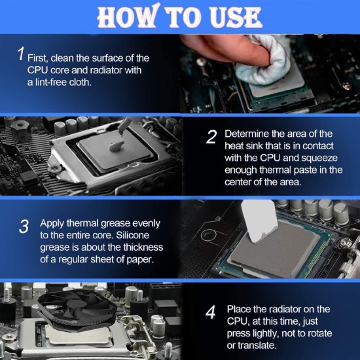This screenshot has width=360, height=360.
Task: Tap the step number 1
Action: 21,54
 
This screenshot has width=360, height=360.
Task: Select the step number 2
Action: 211,137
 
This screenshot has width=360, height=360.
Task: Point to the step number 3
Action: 24,226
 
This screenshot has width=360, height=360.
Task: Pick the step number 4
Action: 210,312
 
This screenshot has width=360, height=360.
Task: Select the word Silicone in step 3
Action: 132,236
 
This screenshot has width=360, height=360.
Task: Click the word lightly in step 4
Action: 265,334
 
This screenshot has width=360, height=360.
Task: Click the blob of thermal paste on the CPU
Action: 117,147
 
